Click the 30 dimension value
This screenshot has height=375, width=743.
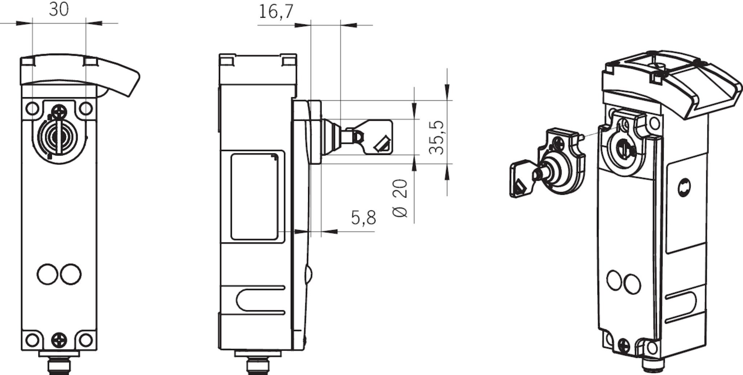(x=59, y=9)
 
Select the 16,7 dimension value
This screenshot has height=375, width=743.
(x=276, y=12)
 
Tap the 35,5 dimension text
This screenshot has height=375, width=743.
(x=436, y=138)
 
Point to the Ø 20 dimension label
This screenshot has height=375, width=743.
(x=400, y=198)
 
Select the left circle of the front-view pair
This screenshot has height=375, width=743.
(x=47, y=275)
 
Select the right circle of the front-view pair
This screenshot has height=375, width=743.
(x=71, y=275)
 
